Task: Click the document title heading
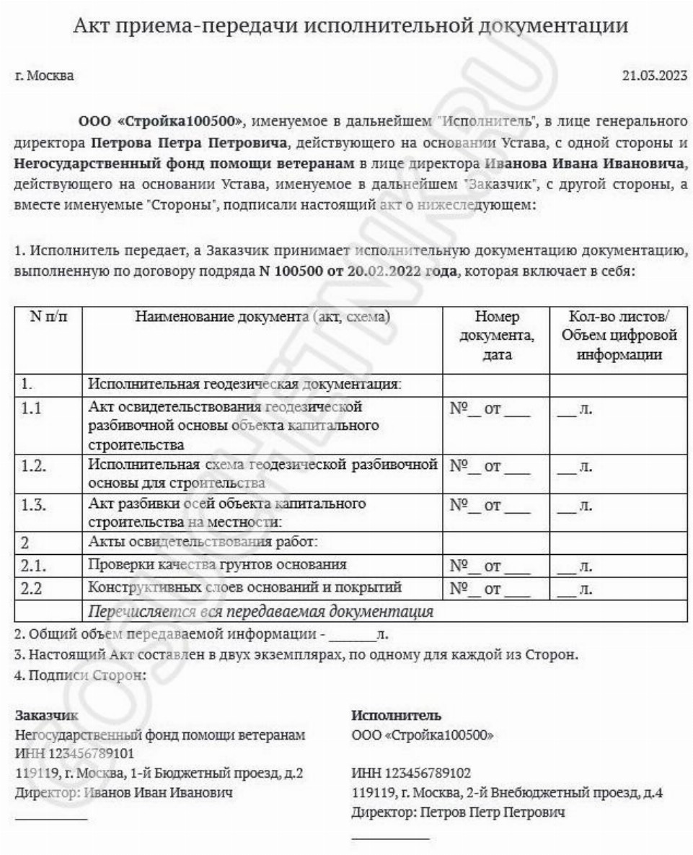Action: pos(351,26)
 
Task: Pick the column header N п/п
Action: pos(48,318)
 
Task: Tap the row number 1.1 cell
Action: pos(31,409)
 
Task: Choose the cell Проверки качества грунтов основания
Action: pos(217,564)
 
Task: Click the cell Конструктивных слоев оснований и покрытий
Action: pos(244,587)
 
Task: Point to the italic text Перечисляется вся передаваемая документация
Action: pos(260,613)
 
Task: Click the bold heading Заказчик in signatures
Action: pos(47,716)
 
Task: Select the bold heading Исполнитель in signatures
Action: pos(396,716)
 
